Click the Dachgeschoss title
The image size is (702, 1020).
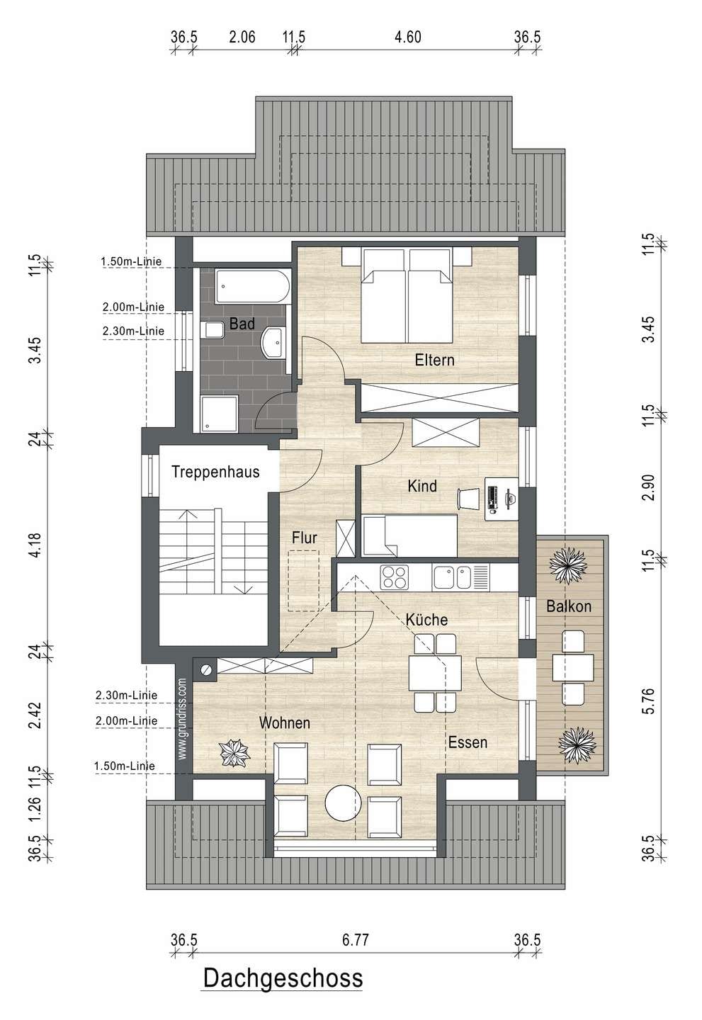(283, 978)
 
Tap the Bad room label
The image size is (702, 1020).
(242, 324)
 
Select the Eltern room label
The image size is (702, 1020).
(434, 360)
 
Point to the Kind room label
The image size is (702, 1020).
(422, 486)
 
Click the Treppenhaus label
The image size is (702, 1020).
(215, 472)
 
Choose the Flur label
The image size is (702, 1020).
(304, 538)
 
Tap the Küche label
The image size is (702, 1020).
(426, 619)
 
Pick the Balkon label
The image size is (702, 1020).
(569, 606)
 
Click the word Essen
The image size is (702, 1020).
(468, 742)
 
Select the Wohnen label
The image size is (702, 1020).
(285, 722)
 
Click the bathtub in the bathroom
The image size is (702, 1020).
(253, 287)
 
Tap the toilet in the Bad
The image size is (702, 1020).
(212, 329)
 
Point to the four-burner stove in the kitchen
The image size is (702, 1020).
(395, 577)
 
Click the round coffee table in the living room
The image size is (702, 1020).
(343, 803)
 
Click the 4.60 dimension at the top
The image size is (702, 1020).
(407, 37)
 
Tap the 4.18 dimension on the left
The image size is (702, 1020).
(35, 544)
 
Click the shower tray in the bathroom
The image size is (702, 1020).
(219, 414)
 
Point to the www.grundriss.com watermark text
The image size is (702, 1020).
(183, 719)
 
